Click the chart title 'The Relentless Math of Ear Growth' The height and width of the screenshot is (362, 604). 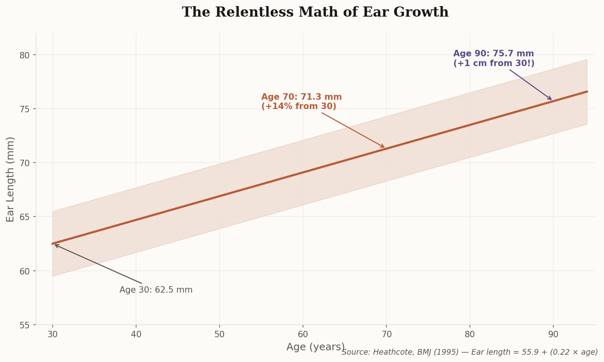point(315,12)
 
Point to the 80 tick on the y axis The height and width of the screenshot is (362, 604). point(25,55)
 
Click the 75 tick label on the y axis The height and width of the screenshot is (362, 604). point(25,109)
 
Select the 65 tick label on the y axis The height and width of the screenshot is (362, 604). point(25,217)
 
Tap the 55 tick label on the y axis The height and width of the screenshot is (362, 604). point(25,325)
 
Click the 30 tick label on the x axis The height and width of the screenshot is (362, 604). point(53,334)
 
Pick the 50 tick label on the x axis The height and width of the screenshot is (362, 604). point(220,334)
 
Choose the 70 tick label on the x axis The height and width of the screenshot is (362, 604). point(386,334)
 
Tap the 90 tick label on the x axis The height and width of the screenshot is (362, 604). point(553,334)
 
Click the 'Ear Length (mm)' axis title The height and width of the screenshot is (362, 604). point(11,179)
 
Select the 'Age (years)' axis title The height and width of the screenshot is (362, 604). point(315,347)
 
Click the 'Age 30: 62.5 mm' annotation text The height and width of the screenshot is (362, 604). point(156,290)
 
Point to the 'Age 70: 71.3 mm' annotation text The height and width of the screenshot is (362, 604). point(301,97)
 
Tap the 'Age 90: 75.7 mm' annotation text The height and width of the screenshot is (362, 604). point(493,54)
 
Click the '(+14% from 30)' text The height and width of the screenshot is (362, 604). point(299,107)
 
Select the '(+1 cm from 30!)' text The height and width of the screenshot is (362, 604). point(494,64)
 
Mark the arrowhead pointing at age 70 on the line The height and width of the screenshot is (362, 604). point(383,147)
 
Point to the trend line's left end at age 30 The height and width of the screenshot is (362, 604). point(53,244)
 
